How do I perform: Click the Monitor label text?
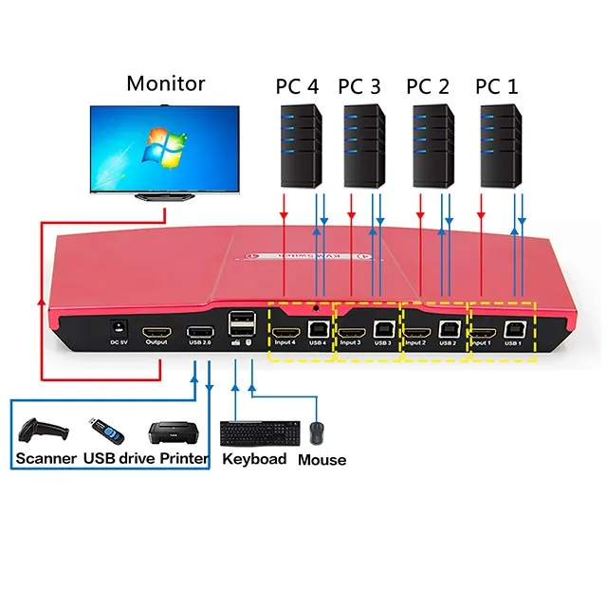pos(165,83)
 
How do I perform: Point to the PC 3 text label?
pos(359,85)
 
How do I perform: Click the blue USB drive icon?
pos(104,432)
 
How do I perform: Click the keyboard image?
pos(253,433)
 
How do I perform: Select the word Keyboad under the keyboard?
pos(254,459)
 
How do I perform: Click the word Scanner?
pos(46,459)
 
